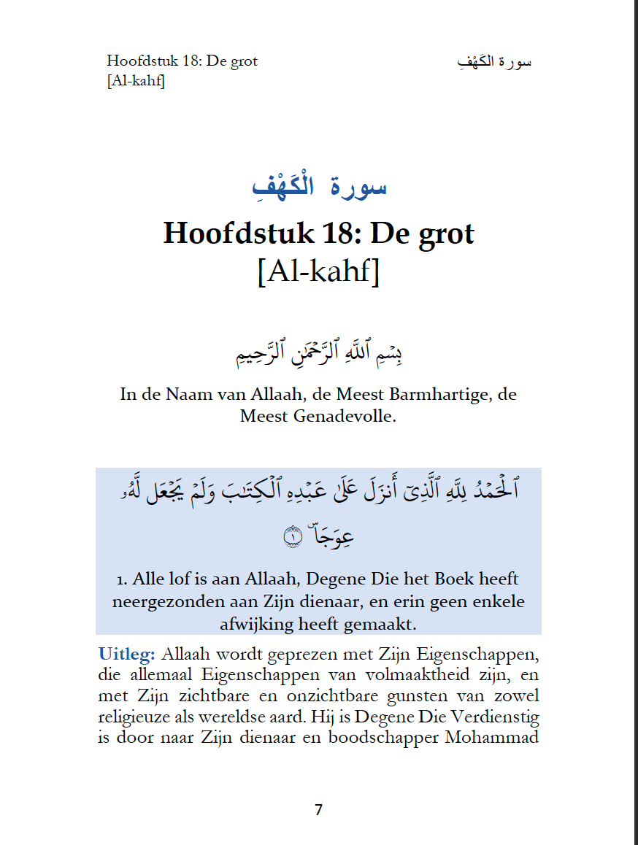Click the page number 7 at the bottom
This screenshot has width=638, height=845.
point(318,810)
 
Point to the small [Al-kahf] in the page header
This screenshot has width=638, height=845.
point(135,80)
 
